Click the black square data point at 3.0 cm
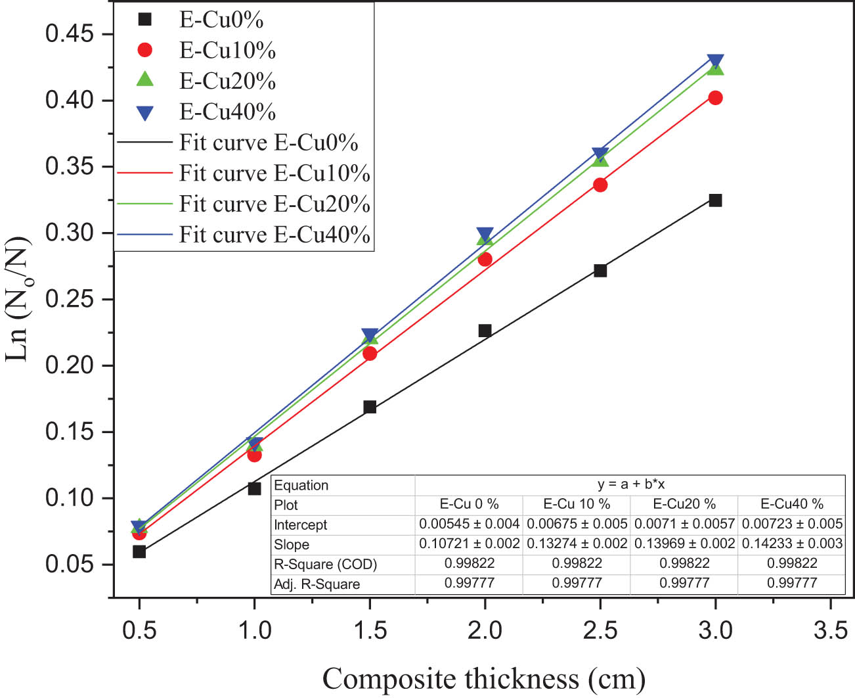(x=715, y=200)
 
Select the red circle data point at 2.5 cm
(x=600, y=185)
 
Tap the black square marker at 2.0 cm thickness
(x=485, y=331)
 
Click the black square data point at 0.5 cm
(x=139, y=551)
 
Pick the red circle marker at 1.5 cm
(x=370, y=354)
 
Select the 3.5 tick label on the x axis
(x=830, y=630)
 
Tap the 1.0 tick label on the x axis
(x=254, y=630)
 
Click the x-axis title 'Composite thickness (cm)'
(x=484, y=678)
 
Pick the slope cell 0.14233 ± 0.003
(x=792, y=544)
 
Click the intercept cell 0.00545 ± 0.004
(x=469, y=524)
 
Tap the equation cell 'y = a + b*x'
(x=630, y=484)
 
